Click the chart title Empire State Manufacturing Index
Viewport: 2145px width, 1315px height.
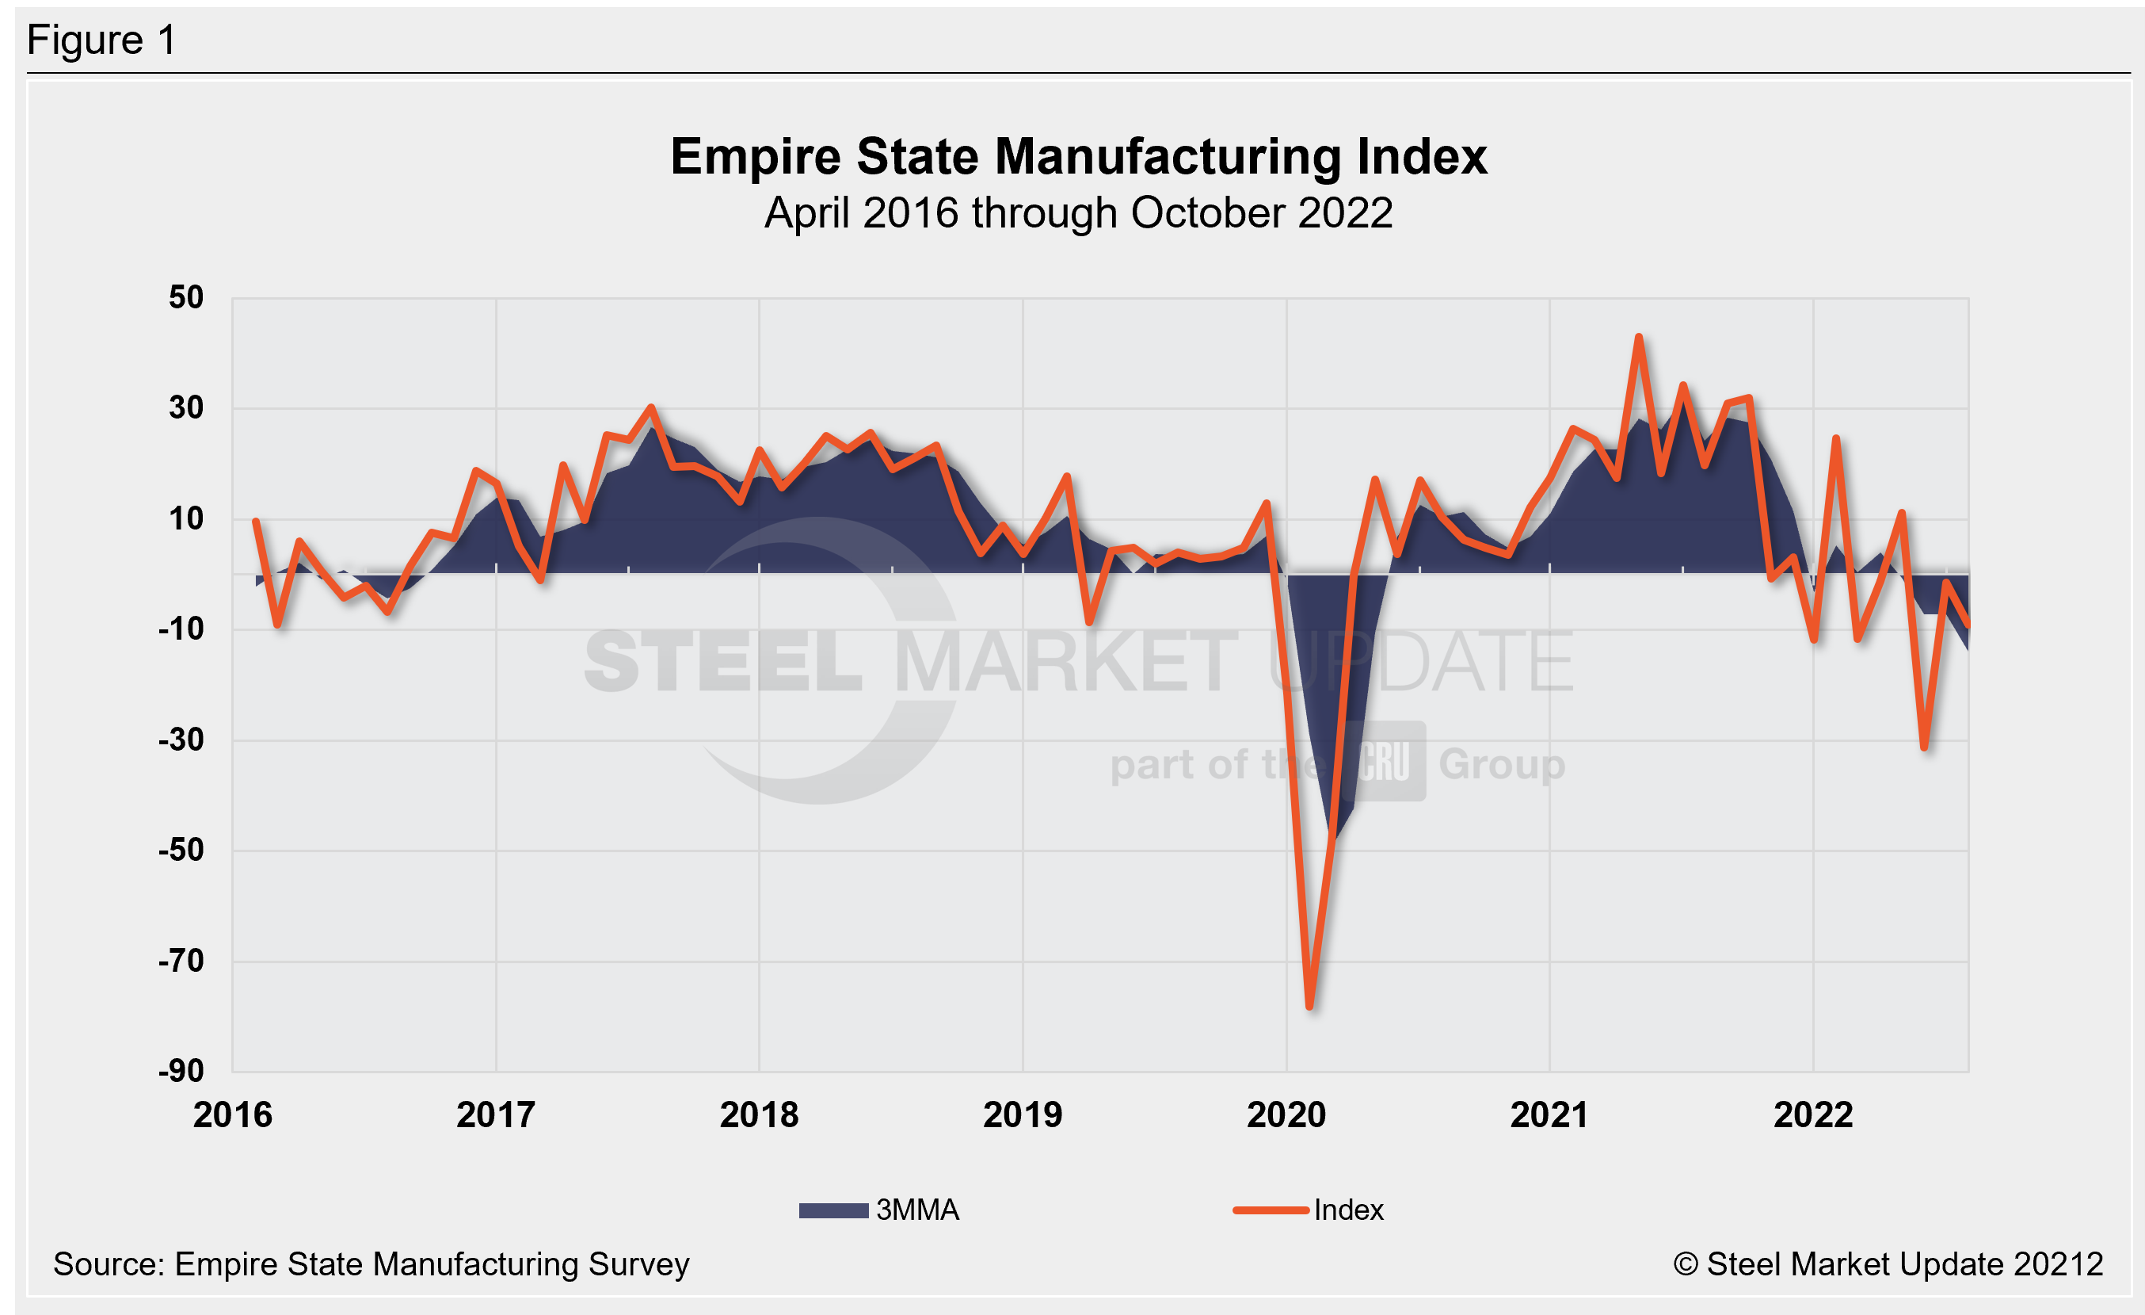pos(1078,157)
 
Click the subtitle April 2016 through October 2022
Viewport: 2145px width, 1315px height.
pos(1078,213)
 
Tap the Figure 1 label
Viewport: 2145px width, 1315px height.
pos(102,40)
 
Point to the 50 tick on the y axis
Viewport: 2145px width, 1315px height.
pos(185,298)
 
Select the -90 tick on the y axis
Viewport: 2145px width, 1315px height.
pos(181,1071)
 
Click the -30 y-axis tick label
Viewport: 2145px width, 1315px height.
pos(181,740)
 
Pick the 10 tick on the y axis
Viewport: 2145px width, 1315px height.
pos(185,519)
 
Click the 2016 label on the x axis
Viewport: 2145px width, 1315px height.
pos(232,1115)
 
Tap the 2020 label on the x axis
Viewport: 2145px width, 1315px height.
pos(1286,1115)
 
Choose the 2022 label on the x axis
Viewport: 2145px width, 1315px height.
pos(1813,1115)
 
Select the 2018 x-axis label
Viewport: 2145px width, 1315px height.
pos(758,1115)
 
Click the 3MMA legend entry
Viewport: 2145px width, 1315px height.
pos(879,1210)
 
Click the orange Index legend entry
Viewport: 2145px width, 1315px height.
pos(1309,1210)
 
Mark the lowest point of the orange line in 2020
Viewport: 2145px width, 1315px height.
pos(1310,1007)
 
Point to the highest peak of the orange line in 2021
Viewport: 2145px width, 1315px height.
pos(1639,337)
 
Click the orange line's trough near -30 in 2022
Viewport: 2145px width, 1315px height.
pos(1924,747)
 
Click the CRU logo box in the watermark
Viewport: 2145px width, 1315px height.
pos(1383,761)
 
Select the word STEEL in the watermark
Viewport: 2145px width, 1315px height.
pos(722,662)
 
